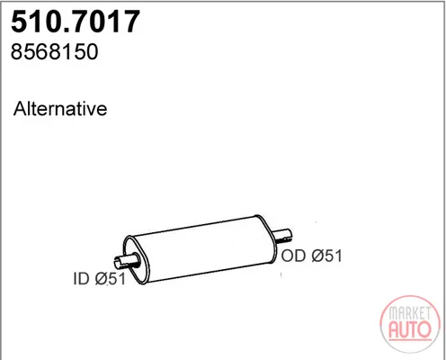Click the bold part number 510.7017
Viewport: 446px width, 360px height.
click(x=76, y=22)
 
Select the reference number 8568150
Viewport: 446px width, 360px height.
click(x=54, y=51)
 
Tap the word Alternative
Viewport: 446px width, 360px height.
click(x=60, y=108)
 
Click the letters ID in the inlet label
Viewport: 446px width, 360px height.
click(x=81, y=279)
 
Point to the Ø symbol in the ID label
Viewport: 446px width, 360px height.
click(x=102, y=279)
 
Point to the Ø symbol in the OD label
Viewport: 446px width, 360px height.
click(x=318, y=256)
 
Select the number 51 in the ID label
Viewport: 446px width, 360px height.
click(x=117, y=279)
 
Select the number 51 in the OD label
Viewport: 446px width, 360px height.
click(x=334, y=256)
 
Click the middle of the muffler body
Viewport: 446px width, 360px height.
click(x=200, y=249)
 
